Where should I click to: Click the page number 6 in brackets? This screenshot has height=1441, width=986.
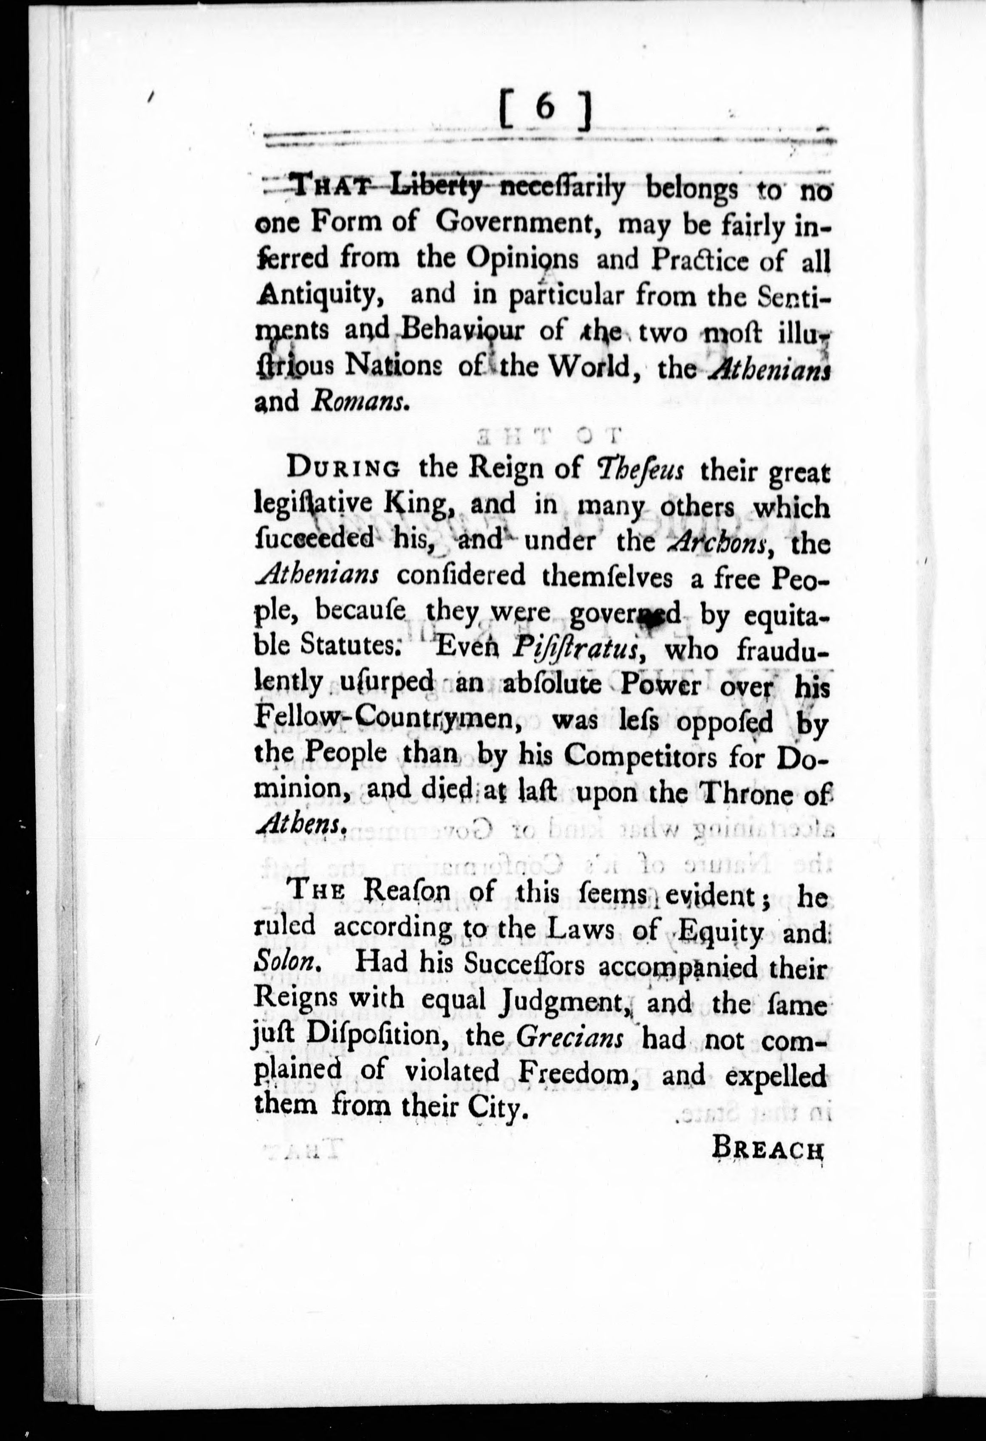[x=544, y=110]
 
